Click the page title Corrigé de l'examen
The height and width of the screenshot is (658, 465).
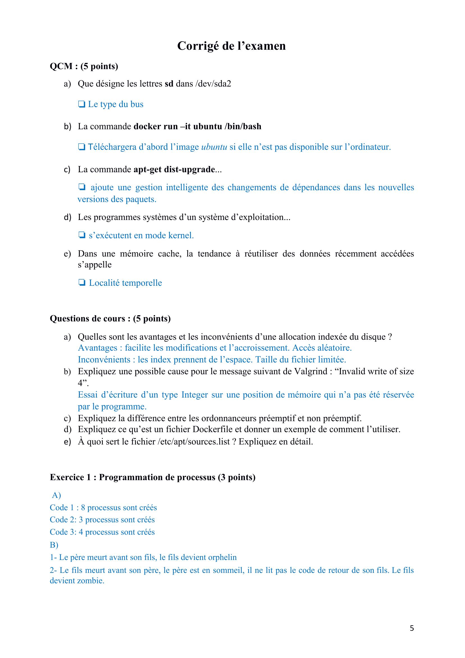pos(231,46)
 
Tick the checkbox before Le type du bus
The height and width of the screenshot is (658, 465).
pos(82,104)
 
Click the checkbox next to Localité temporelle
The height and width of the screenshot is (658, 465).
pos(82,283)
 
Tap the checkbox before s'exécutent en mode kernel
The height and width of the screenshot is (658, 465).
pos(82,235)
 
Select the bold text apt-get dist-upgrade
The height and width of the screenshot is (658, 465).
pos(174,169)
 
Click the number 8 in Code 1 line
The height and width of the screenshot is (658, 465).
pos(83,507)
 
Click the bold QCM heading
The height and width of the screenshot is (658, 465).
pos(61,66)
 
